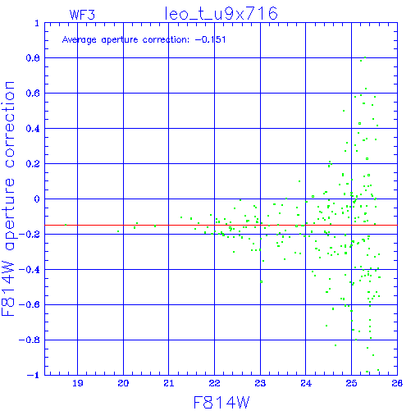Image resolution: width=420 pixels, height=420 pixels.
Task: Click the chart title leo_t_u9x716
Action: [x=221, y=14]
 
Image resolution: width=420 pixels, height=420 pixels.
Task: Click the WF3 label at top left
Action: [x=82, y=15]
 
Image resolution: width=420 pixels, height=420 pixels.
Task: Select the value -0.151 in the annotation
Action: [x=210, y=39]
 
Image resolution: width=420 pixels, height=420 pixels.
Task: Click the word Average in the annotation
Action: [x=80, y=40]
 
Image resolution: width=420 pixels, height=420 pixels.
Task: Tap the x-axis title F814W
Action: [x=221, y=403]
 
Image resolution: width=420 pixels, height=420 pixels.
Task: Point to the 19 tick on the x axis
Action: [x=78, y=383]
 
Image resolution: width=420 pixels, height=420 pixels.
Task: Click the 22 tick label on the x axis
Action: [x=214, y=383]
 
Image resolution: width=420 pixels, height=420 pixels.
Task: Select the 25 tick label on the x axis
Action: [x=351, y=383]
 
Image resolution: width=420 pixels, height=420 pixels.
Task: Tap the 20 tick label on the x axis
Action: [x=123, y=383]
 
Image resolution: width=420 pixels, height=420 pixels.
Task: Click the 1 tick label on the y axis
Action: [x=37, y=23]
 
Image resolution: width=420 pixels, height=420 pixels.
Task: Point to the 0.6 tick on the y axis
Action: [x=33, y=94]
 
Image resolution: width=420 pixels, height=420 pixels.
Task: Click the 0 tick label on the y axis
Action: [x=37, y=199]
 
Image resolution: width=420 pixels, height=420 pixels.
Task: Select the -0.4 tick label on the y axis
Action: [x=30, y=270]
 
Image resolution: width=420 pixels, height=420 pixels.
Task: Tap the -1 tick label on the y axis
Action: [x=34, y=375]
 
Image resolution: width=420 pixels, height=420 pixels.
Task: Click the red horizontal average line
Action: [x=221, y=225]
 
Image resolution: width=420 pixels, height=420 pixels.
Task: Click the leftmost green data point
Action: [x=66, y=225]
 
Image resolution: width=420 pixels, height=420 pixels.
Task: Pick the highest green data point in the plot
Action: [x=365, y=57]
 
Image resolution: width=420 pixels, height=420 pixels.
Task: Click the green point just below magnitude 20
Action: [x=118, y=231]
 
